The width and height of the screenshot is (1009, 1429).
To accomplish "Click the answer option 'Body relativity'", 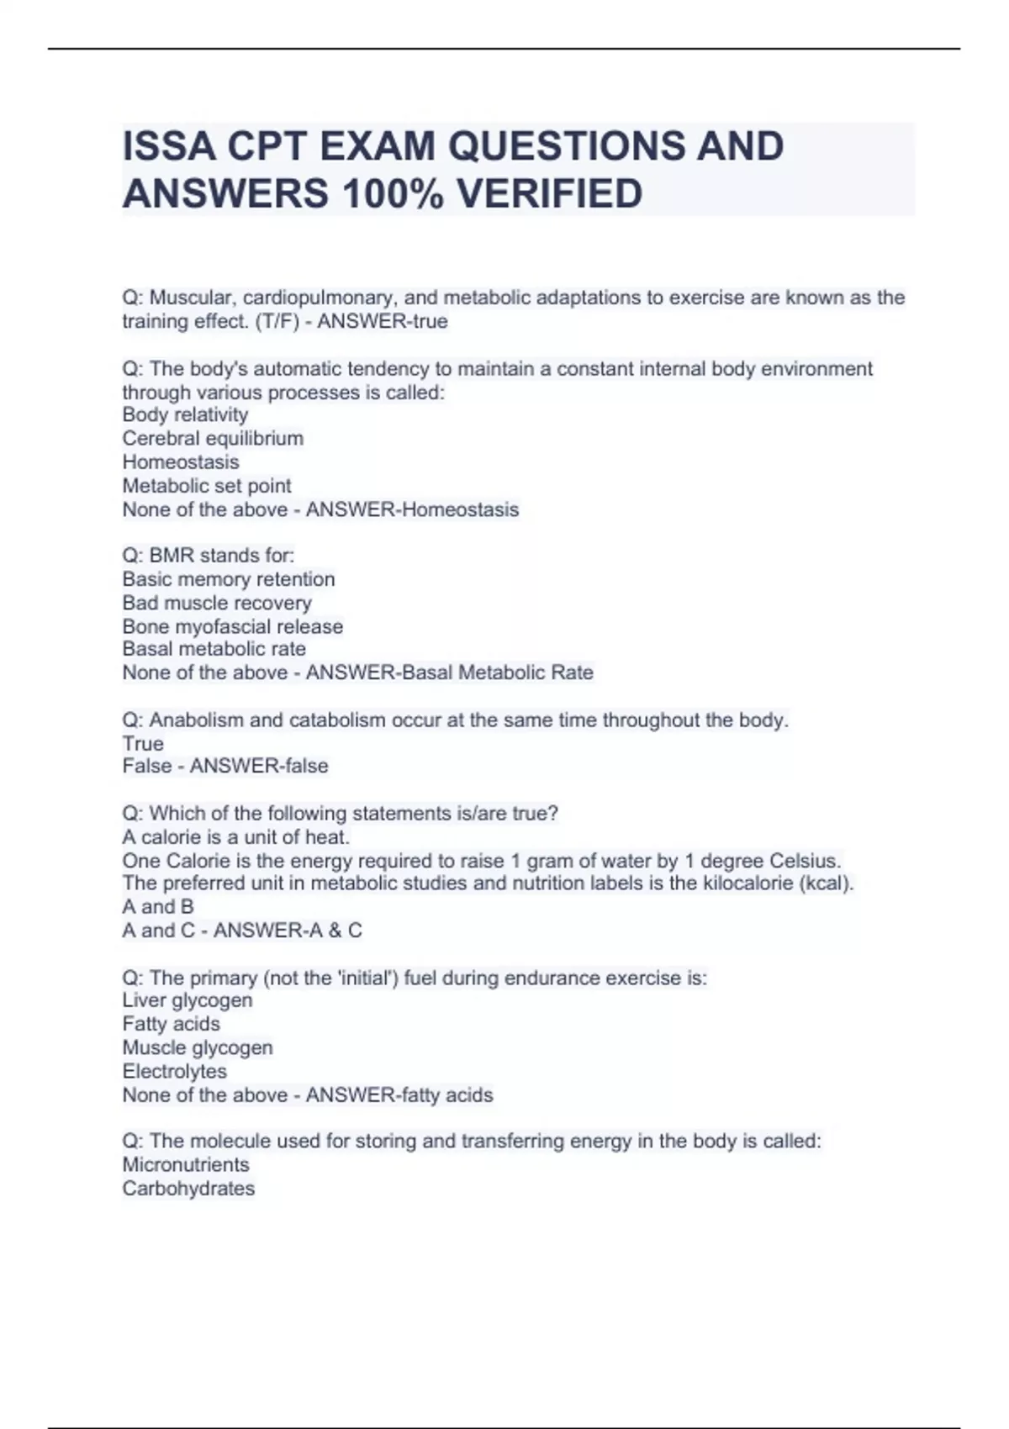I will pyautogui.click(x=185, y=414).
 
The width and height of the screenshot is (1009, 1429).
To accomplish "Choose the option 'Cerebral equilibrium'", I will pyautogui.click(x=213, y=438).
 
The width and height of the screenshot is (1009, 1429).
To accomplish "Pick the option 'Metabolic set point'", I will pyautogui.click(x=207, y=485).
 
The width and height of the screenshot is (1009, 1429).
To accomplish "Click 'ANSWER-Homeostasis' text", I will pyautogui.click(x=412, y=509).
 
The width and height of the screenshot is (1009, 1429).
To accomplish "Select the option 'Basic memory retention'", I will pyautogui.click(x=229, y=579).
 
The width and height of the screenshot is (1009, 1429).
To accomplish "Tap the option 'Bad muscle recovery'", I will pyautogui.click(x=217, y=603).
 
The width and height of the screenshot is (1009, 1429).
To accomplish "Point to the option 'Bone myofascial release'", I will pyautogui.click(x=233, y=626).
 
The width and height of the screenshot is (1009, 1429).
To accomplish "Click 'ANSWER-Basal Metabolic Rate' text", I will pyautogui.click(x=450, y=672).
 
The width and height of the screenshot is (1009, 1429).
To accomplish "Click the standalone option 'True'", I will pyautogui.click(x=143, y=743).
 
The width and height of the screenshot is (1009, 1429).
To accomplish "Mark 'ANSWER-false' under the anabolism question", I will pyautogui.click(x=259, y=766).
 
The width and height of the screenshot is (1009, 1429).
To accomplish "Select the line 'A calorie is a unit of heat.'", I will pyautogui.click(x=236, y=837).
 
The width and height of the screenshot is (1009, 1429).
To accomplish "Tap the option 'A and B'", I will pyautogui.click(x=158, y=907).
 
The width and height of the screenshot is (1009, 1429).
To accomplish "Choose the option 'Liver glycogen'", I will pyautogui.click(x=188, y=1000).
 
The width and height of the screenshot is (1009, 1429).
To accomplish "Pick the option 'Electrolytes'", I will pyautogui.click(x=175, y=1071).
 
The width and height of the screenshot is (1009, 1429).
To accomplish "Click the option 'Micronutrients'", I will pyautogui.click(x=186, y=1164).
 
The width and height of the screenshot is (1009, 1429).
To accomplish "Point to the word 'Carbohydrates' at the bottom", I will pyautogui.click(x=188, y=1188).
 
